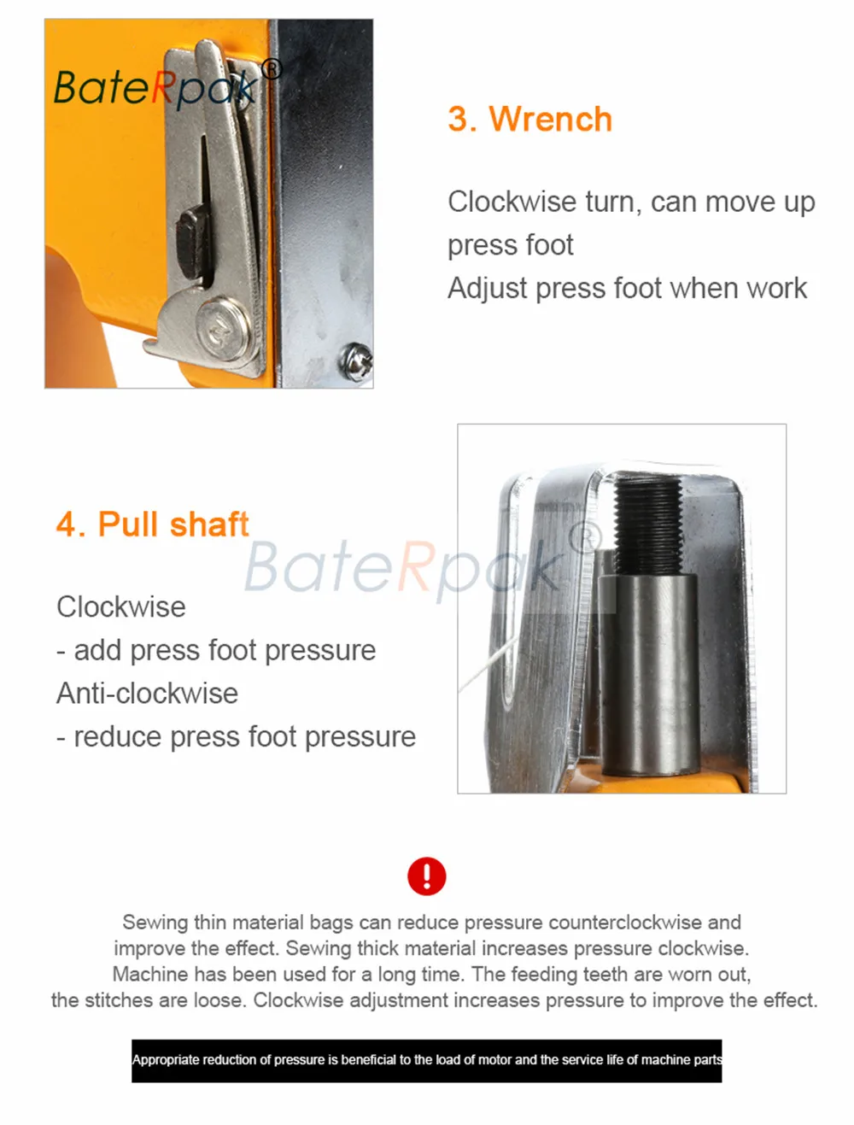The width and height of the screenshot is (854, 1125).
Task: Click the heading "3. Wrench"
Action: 529,119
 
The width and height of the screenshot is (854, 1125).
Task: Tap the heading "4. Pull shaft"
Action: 152,524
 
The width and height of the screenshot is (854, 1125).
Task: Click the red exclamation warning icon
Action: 426,876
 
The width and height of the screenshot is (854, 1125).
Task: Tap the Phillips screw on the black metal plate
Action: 355,361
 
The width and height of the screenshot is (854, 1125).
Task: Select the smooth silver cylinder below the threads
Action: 648,674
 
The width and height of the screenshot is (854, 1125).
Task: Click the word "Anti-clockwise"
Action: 147,694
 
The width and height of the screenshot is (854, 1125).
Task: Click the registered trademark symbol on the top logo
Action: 272,70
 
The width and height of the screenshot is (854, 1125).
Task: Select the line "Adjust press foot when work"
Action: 627,288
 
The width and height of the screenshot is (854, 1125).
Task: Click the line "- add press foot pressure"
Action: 216,650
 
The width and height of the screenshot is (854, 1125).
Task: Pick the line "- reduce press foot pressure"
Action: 236,737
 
